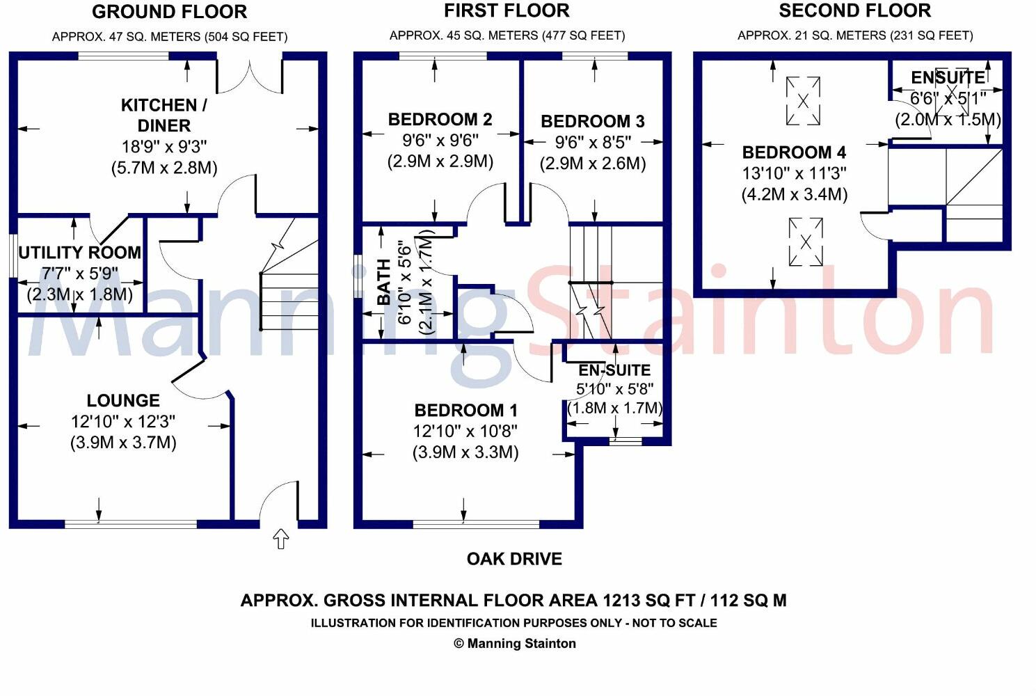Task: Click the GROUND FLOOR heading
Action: tap(169, 12)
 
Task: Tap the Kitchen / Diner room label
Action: tap(164, 116)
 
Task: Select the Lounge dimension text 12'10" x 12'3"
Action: tap(123, 422)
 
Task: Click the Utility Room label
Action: tap(79, 253)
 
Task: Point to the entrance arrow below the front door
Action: tap(280, 539)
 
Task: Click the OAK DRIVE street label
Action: tap(514, 559)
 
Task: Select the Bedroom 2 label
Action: tap(440, 120)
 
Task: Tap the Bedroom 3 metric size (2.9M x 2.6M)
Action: tap(593, 164)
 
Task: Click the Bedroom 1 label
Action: tap(465, 411)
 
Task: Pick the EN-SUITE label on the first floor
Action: tap(614, 370)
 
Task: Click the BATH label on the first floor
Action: tap(384, 282)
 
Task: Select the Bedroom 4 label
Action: tap(794, 152)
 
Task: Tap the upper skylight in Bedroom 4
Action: tap(804, 101)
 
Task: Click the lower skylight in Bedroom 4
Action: tap(806, 242)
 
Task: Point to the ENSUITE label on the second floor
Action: tap(948, 78)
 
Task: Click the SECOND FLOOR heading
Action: tap(855, 11)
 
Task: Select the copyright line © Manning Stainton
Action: tap(515, 644)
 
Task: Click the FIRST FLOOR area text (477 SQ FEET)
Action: tap(584, 35)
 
